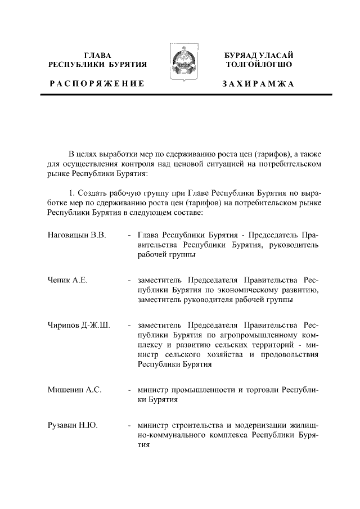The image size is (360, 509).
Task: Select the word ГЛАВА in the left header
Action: tap(98, 55)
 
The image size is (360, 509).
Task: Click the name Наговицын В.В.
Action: tap(76, 235)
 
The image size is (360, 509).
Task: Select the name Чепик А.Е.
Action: tap(67, 280)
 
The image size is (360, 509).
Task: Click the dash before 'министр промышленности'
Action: tap(130, 390)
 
